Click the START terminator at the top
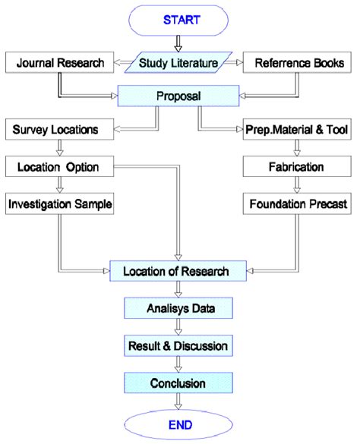pos(178,20)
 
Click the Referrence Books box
pos(295,63)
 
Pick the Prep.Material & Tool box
pos(295,130)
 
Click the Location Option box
pos(56,165)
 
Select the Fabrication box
pos(295,165)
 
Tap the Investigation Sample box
pos(59,204)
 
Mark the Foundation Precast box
pos(295,204)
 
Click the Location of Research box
pos(178,269)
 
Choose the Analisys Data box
pos(178,309)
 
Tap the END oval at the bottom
pos(178,424)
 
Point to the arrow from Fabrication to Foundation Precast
pos(295,185)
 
